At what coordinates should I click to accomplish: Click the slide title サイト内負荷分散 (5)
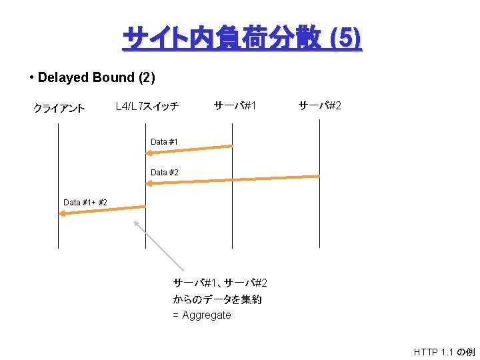(242, 39)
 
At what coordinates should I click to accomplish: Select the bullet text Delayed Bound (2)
(96, 77)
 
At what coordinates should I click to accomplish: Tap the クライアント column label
(59, 109)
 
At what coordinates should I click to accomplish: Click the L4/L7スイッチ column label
(147, 106)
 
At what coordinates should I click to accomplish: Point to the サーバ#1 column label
(235, 105)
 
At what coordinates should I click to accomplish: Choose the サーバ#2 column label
(319, 105)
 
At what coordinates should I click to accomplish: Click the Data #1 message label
(164, 141)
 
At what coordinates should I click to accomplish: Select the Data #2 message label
(164, 173)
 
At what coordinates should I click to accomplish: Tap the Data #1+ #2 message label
(85, 202)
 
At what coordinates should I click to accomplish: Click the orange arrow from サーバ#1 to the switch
(189, 150)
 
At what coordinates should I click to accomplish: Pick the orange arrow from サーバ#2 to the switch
(233, 179)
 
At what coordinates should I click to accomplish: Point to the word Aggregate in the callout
(207, 315)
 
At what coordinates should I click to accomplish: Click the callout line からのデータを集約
(217, 299)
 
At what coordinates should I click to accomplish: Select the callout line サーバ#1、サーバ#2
(220, 283)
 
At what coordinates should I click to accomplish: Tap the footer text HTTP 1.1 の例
(444, 351)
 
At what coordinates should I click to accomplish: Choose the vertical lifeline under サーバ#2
(319, 220)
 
